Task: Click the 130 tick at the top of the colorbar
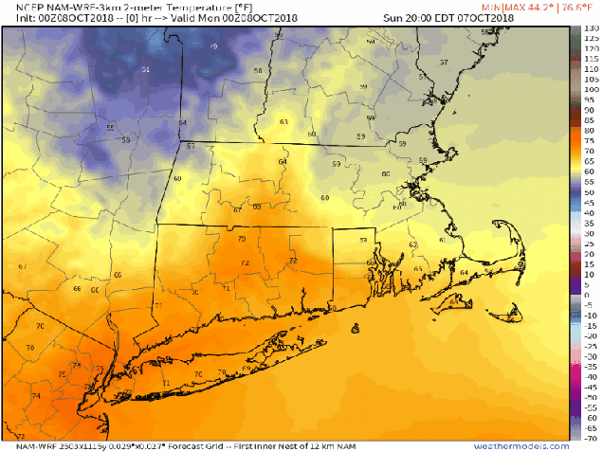tap(589, 28)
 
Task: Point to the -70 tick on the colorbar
tap(589, 440)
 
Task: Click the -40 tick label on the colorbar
tap(589, 377)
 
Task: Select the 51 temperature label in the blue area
tap(145, 70)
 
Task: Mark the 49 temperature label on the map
tap(213, 46)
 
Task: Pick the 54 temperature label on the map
tap(183, 123)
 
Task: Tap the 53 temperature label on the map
tap(362, 240)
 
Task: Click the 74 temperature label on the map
tap(36, 395)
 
